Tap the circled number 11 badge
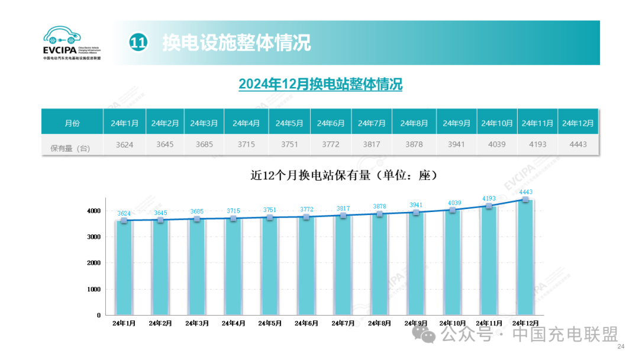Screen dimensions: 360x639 138,42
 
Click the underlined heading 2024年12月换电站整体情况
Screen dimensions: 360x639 320,84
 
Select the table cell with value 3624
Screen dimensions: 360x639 125,144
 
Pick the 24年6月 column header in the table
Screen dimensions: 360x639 331,123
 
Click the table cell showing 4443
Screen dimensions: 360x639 577,144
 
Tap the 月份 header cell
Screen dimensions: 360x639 72,123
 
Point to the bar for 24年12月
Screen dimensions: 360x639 525,258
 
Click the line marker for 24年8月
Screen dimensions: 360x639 379,214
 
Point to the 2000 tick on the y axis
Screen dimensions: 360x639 94,263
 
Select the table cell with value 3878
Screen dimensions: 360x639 414,144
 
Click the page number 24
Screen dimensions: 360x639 621,346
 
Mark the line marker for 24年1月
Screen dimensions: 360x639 124,220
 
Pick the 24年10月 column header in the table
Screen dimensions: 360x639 496,123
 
